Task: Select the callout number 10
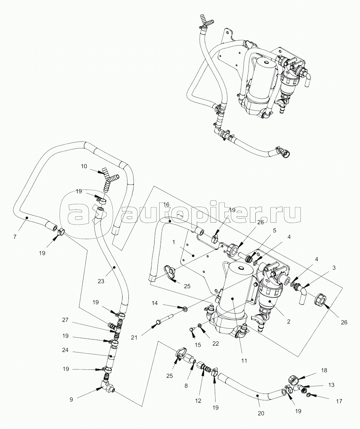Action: click(x=84, y=166)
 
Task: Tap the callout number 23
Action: click(x=101, y=281)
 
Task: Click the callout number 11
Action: click(x=244, y=360)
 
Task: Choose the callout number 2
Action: click(x=288, y=321)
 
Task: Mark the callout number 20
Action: click(x=261, y=413)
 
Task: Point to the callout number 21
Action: click(x=134, y=338)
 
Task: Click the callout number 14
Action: click(x=154, y=303)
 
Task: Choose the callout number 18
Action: click(x=324, y=370)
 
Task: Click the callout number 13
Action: click(x=331, y=385)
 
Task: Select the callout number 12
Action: click(x=199, y=401)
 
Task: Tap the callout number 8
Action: click(x=186, y=386)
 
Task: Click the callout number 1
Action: click(x=174, y=241)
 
